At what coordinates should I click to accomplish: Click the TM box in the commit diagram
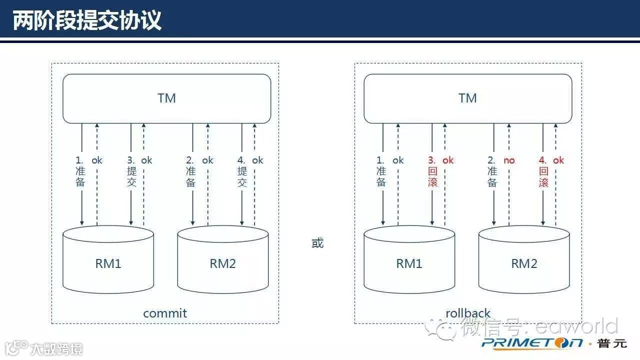click(166, 98)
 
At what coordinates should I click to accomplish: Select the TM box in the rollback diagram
click(467, 98)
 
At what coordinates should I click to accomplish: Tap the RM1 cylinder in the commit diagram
click(108, 262)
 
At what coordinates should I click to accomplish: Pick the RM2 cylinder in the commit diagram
click(223, 262)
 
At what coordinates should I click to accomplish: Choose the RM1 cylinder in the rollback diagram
click(409, 262)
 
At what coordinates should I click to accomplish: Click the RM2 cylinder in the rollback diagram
click(524, 262)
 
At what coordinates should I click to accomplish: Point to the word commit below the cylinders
click(165, 313)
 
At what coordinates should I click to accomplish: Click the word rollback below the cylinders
click(468, 313)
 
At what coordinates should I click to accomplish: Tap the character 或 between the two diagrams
click(317, 243)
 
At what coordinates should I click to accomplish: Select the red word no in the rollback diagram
click(509, 160)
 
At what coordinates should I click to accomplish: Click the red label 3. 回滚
click(432, 171)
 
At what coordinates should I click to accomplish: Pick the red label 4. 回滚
click(543, 171)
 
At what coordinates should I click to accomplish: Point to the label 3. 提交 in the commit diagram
click(131, 171)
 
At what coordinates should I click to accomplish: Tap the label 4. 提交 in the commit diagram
click(242, 171)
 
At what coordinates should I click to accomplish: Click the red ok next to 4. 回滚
click(558, 160)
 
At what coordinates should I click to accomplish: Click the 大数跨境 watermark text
click(55, 348)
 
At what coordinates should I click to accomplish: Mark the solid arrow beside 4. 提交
click(242, 205)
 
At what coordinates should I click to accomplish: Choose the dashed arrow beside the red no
click(509, 200)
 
